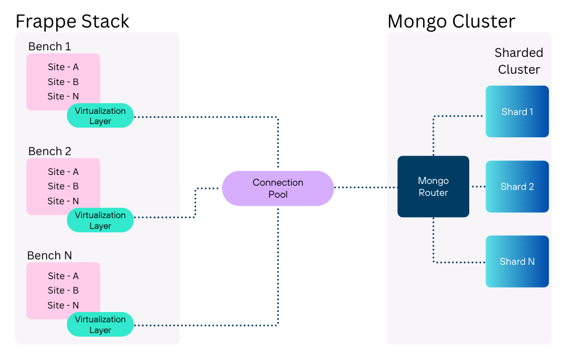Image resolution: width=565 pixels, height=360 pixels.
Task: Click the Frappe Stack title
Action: click(x=72, y=22)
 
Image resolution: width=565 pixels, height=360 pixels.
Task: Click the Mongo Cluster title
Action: click(x=451, y=22)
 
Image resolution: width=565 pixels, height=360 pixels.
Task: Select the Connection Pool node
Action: click(x=278, y=188)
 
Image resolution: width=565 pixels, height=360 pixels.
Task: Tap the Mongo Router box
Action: click(x=433, y=186)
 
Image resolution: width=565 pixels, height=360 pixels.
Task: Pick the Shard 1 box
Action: click(x=517, y=111)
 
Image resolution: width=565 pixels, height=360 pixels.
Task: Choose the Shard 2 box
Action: click(x=517, y=186)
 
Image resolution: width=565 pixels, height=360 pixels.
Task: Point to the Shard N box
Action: click(x=517, y=261)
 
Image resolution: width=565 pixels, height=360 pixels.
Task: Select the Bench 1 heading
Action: click(x=50, y=47)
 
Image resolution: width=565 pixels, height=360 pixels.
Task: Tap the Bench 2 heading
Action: click(x=50, y=151)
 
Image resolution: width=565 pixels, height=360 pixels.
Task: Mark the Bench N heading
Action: click(x=50, y=256)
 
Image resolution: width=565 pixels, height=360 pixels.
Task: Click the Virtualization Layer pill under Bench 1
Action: click(x=101, y=116)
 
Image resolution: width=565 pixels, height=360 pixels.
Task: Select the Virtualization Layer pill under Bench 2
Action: click(x=101, y=220)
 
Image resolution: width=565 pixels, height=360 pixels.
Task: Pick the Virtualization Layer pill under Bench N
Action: click(x=101, y=324)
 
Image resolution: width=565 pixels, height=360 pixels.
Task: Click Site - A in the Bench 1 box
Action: click(x=63, y=67)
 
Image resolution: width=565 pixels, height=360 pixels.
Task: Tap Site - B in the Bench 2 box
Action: click(x=63, y=186)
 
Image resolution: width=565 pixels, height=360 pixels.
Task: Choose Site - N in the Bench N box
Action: click(x=63, y=305)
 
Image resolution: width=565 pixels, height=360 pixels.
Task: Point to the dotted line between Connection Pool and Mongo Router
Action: click(x=365, y=187)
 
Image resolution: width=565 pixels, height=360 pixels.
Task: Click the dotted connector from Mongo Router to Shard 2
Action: click(x=477, y=187)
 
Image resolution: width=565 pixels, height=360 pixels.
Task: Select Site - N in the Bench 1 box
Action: click(x=63, y=96)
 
